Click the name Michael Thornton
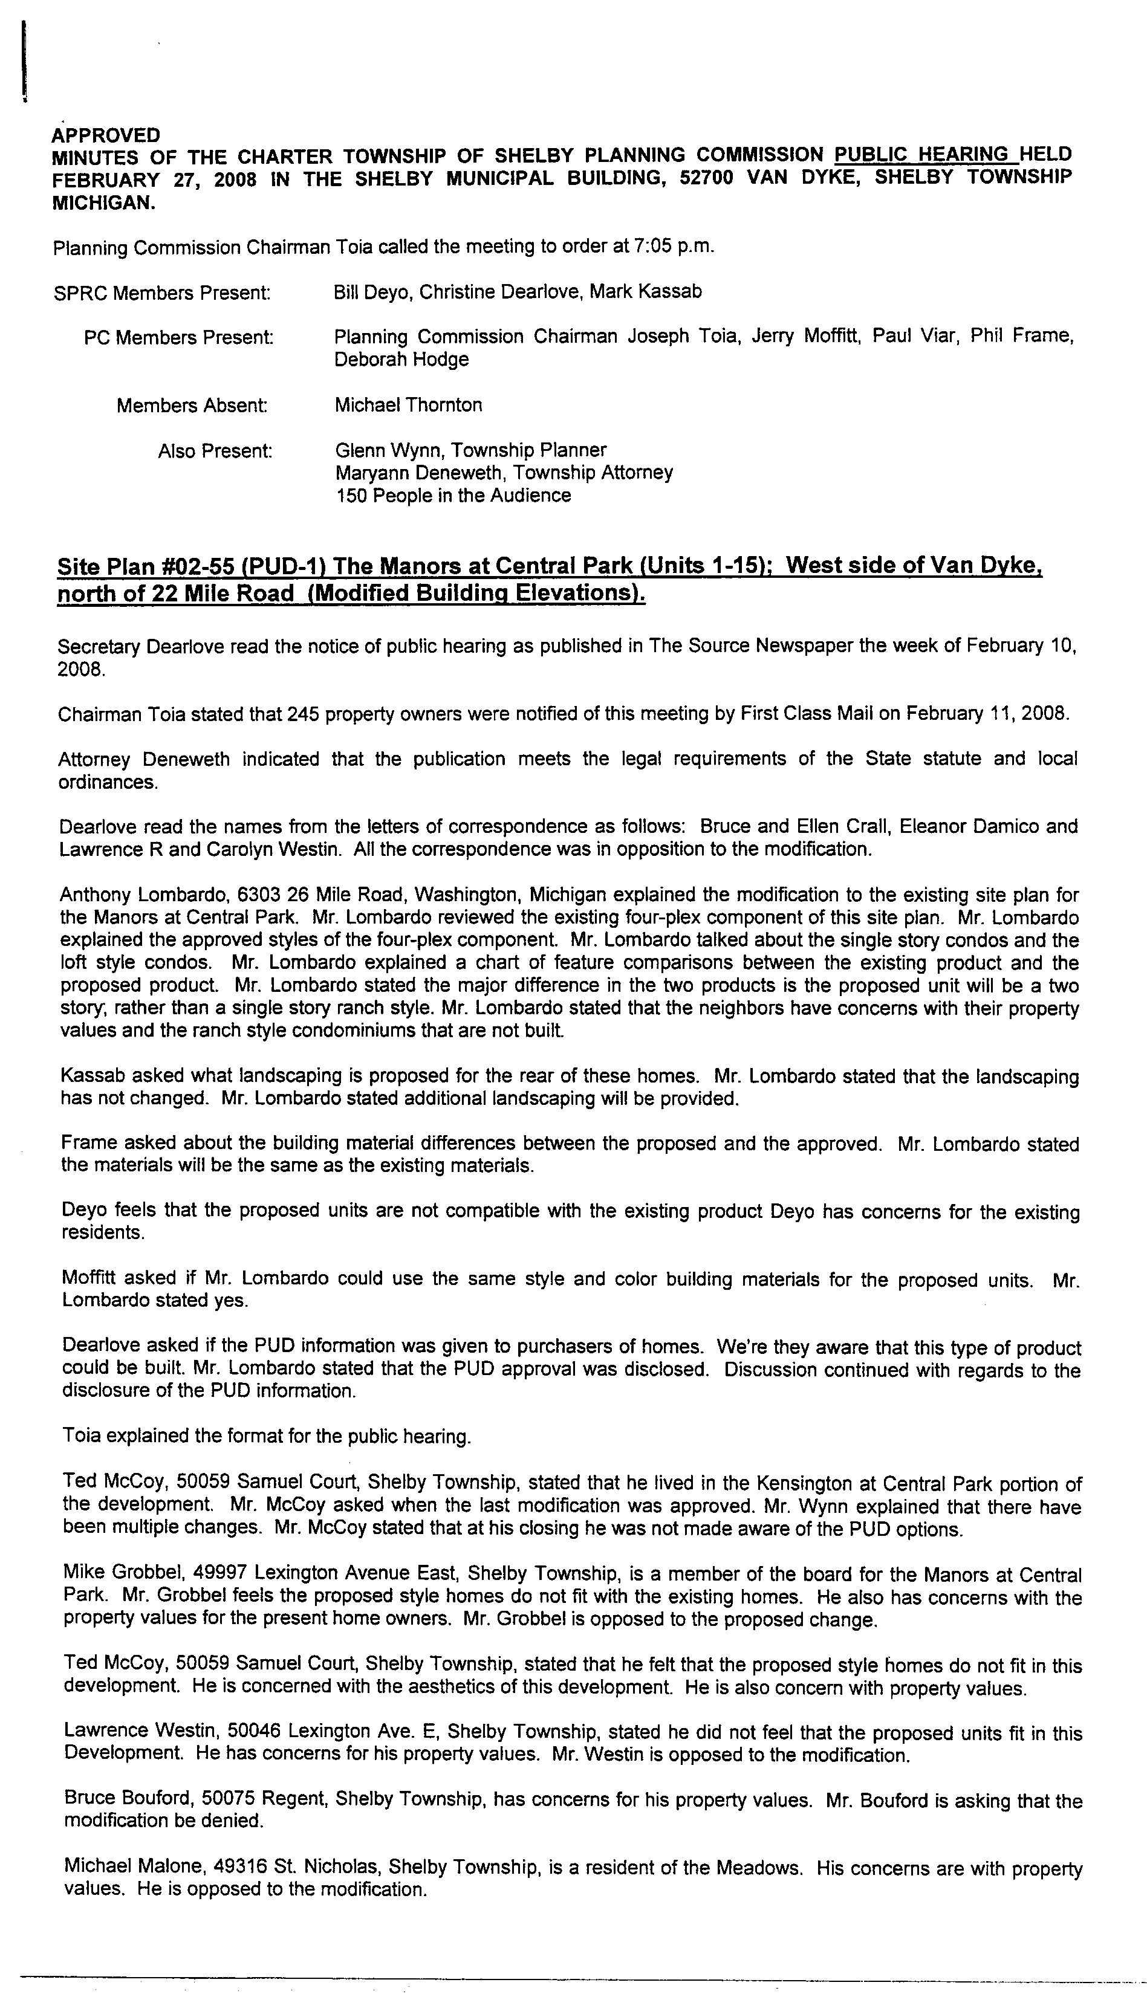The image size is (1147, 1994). coord(408,405)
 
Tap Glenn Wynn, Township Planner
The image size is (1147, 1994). coord(470,450)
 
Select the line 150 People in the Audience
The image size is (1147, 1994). coord(453,496)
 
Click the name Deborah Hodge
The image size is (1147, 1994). coord(401,360)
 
